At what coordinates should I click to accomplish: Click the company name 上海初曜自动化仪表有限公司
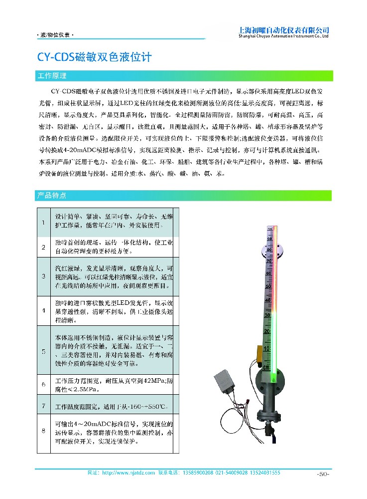click(x=284, y=29)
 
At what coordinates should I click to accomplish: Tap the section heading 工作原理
click(x=52, y=76)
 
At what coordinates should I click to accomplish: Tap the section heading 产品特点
click(x=52, y=195)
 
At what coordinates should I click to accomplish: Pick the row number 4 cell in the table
click(x=43, y=310)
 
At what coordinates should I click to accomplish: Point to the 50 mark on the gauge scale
click(x=269, y=286)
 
